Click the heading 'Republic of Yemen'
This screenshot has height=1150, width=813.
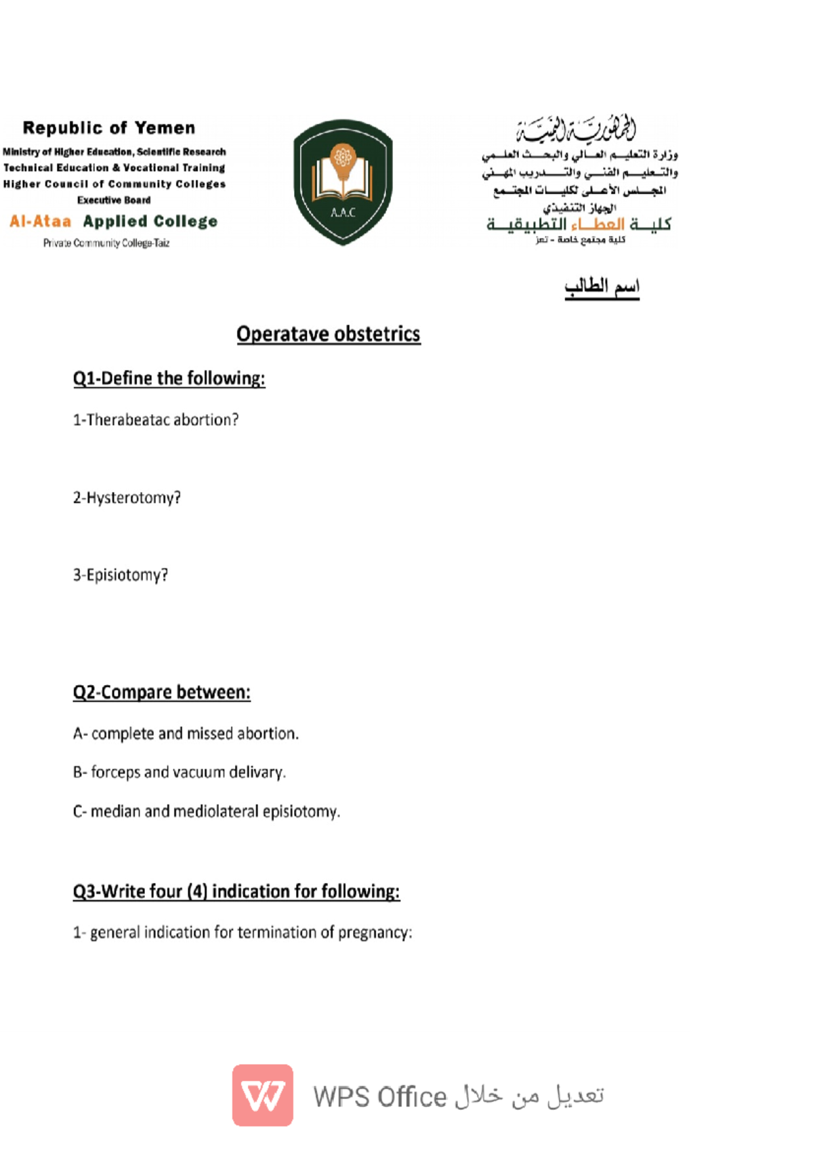point(108,128)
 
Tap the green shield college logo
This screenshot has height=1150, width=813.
point(343,182)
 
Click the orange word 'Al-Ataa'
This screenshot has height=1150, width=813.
point(41,222)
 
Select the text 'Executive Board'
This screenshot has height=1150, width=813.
point(114,201)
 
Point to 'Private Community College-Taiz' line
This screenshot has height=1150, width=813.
point(106,243)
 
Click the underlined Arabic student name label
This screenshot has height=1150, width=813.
point(602,287)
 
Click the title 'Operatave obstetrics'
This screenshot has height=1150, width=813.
point(328,334)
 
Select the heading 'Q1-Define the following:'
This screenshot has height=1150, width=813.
point(169,378)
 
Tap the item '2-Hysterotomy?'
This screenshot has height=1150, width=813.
point(127,498)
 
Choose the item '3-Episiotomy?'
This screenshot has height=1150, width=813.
point(120,575)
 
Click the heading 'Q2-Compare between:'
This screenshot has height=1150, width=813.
point(161,693)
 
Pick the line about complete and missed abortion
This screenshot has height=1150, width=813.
point(186,734)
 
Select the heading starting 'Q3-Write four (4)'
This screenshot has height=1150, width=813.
point(236,892)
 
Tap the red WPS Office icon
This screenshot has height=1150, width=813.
point(263,1095)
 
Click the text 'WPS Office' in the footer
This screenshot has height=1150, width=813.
point(379,1097)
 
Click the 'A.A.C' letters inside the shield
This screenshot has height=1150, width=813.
point(343,213)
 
